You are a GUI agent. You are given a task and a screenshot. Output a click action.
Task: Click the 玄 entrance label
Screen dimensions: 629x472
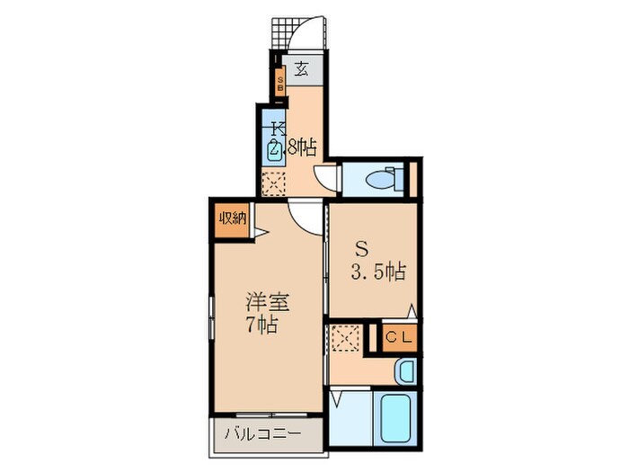[302, 70]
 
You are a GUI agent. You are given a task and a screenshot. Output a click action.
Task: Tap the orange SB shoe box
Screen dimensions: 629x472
[280, 83]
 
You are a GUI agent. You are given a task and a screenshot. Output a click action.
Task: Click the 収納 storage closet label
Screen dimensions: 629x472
[232, 218]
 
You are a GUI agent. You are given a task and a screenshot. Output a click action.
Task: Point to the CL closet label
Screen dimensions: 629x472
[399, 337]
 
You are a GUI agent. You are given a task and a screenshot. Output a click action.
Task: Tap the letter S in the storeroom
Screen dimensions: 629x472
[363, 250]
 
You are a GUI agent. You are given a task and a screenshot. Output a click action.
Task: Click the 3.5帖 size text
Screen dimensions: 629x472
[378, 272]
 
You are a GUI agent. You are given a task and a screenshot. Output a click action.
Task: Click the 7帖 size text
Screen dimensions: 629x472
[262, 325]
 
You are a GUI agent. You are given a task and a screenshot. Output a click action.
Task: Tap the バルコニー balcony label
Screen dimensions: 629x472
[262, 434]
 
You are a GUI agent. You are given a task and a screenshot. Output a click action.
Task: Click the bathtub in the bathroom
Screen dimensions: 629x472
[396, 418]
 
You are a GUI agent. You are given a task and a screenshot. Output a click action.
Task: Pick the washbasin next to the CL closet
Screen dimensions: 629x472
[405, 371]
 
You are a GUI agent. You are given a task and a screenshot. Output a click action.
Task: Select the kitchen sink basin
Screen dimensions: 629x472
[274, 150]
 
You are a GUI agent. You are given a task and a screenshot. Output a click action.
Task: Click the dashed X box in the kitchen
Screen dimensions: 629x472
[273, 184]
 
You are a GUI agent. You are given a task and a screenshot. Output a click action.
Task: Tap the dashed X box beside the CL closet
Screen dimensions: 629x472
[346, 338]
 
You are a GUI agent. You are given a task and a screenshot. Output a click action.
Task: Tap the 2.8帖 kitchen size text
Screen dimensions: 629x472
[293, 148]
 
